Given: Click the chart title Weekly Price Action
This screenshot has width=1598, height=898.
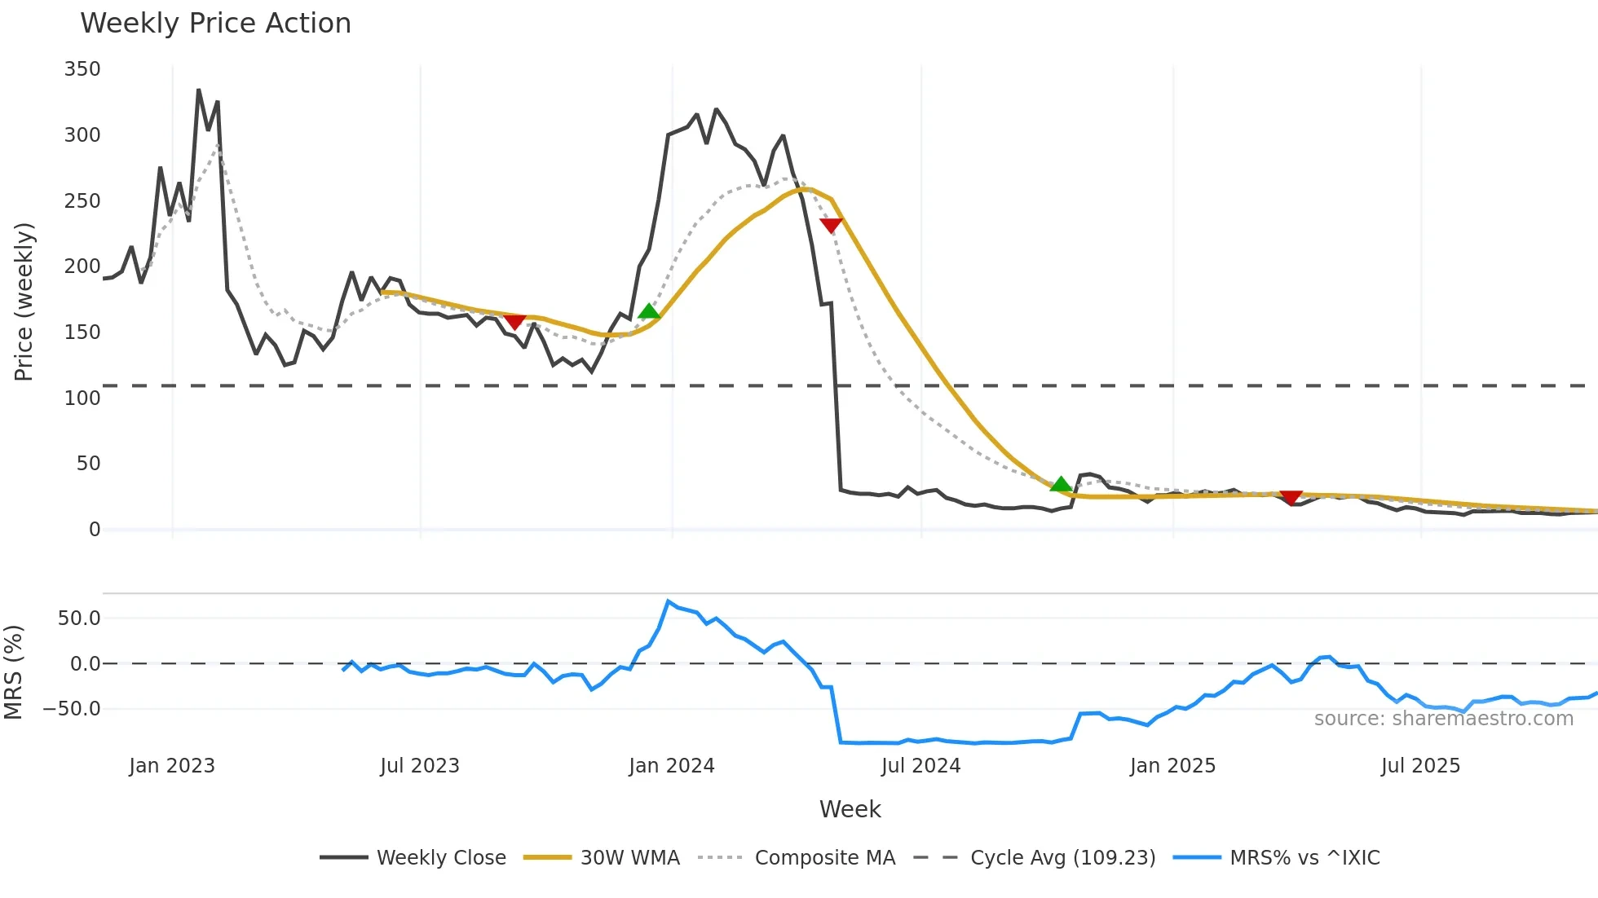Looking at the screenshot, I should point(215,24).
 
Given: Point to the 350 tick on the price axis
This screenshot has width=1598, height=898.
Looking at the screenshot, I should point(82,69).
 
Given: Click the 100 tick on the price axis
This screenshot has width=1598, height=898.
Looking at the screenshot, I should point(82,398).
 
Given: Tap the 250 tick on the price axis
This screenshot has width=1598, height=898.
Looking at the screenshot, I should point(82,200).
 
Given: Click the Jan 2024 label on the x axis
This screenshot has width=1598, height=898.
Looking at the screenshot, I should point(672,766).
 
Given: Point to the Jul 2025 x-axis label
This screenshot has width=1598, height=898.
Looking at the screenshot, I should point(1420,766).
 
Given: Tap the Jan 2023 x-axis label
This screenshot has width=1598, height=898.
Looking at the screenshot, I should point(172,766).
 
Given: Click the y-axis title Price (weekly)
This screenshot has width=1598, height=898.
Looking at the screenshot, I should point(24,302).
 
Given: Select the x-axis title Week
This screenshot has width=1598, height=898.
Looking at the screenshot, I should point(850,809).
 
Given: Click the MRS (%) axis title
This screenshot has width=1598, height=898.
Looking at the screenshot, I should point(13,672).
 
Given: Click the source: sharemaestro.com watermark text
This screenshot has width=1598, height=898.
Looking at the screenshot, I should point(1443,719).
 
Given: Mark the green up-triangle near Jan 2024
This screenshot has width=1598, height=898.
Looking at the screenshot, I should point(649,311).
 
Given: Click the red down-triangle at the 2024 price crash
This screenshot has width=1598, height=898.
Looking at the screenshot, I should point(831,226).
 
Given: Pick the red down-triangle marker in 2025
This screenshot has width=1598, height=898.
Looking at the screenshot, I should point(1291,498).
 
